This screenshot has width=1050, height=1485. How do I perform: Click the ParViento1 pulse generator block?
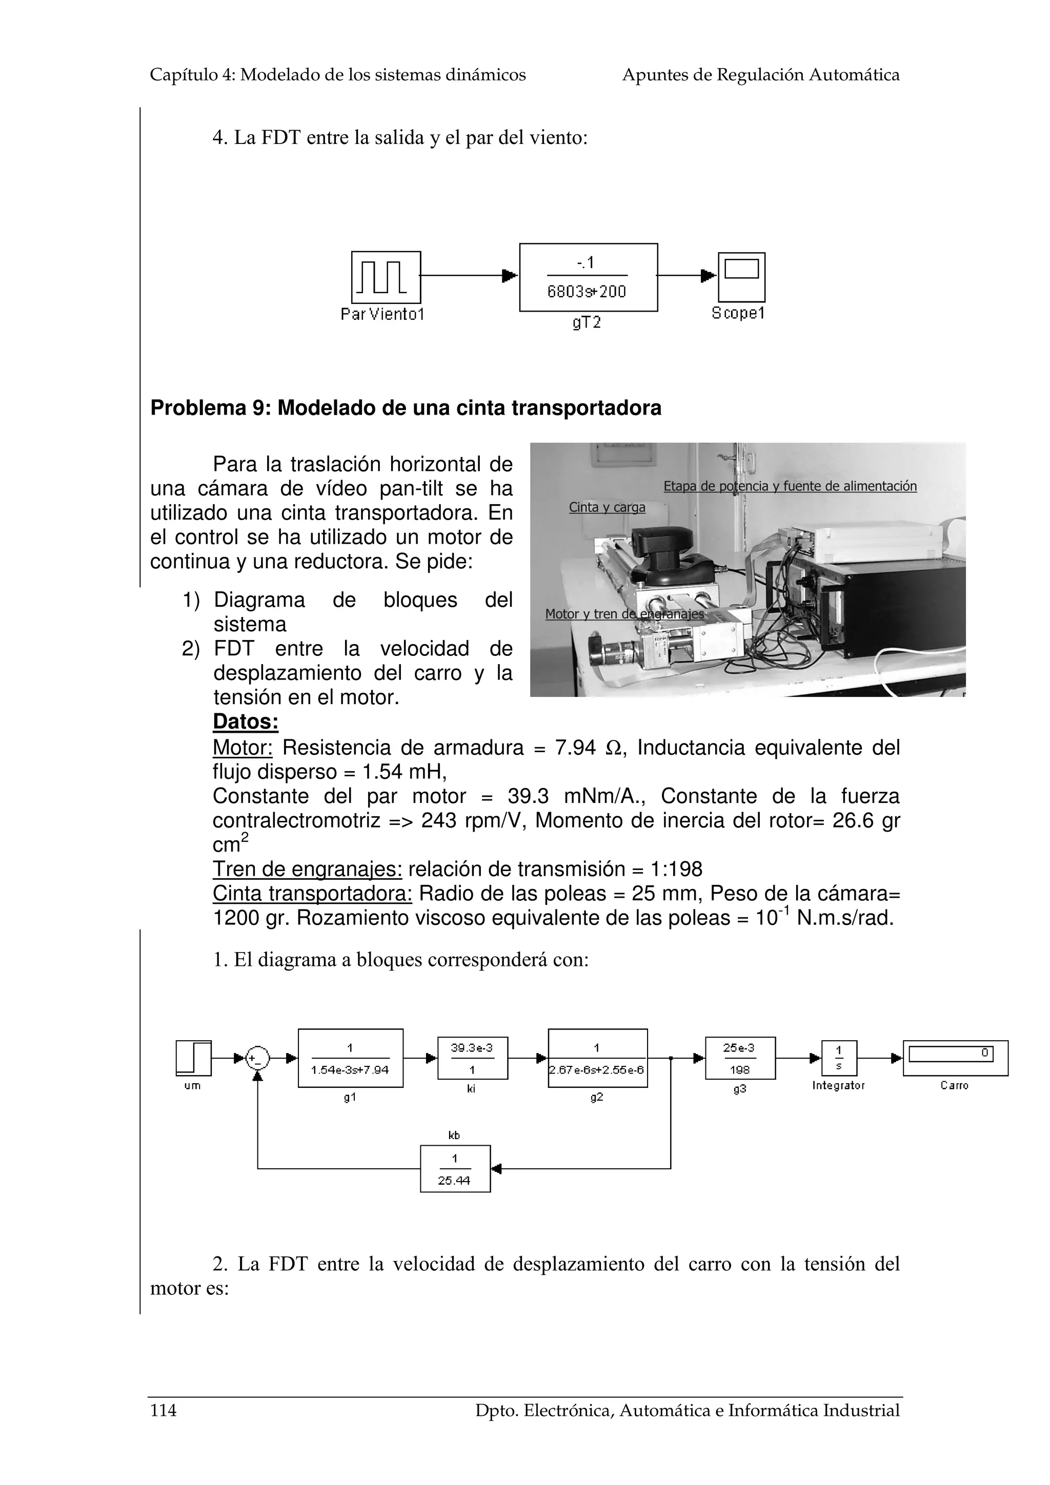coord(386,277)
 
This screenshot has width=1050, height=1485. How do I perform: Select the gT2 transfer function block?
coord(588,277)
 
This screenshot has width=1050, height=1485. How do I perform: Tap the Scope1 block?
coord(741,277)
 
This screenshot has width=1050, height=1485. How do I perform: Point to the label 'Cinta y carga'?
coord(607,507)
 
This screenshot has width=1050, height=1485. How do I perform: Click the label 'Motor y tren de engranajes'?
coord(623,614)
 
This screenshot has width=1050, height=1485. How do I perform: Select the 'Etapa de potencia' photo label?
coord(789,486)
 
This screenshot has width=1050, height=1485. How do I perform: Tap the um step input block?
coord(193,1058)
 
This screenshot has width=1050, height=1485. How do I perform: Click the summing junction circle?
coord(257,1059)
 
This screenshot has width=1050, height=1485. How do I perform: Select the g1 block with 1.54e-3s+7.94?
coord(350,1058)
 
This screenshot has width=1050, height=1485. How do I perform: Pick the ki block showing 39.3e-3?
coord(472,1058)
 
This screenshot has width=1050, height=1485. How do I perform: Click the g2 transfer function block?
coord(597,1058)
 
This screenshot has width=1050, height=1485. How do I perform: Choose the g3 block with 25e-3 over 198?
coord(739,1058)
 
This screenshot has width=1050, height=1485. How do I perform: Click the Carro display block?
coord(955,1058)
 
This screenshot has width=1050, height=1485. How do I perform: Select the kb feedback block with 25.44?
coord(455,1169)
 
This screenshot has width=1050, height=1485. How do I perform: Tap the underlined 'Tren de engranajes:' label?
coord(307,869)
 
